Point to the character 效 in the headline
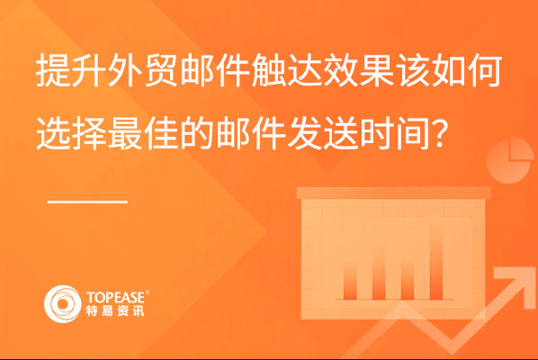click(341, 70)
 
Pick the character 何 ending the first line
click(485, 70)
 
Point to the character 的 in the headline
click(198, 133)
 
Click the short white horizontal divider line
click(88, 202)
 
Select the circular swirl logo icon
click(62, 304)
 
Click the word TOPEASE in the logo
click(116, 298)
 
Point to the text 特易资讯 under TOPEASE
click(115, 310)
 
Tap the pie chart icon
click(510, 160)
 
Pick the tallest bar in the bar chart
click(436, 262)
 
